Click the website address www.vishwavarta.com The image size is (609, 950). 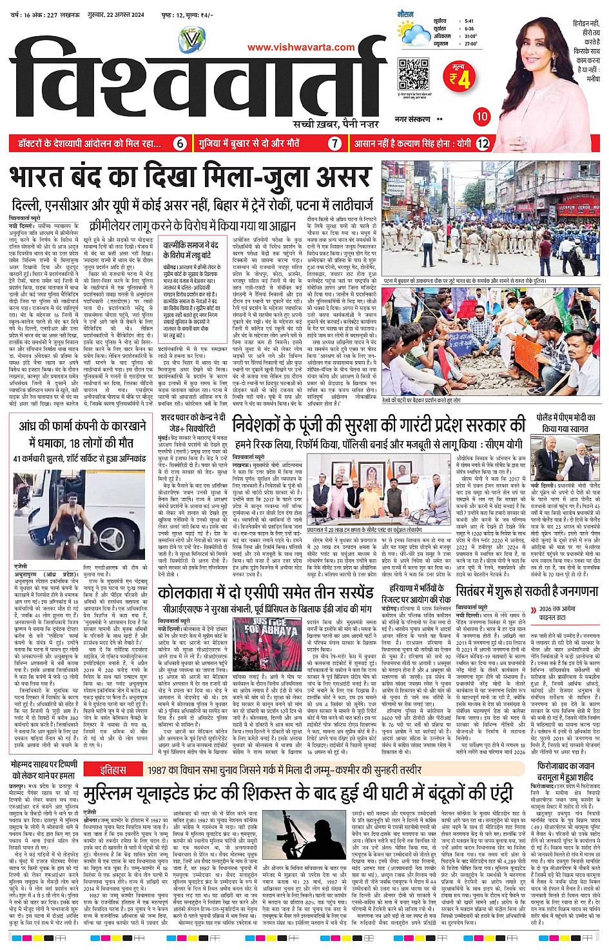click(x=300, y=46)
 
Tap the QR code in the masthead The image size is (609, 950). click(x=413, y=74)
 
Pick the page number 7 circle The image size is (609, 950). click(x=334, y=143)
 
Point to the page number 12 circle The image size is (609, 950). click(x=482, y=143)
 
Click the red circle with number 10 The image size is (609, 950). click(x=481, y=117)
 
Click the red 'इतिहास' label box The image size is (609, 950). click(x=113, y=770)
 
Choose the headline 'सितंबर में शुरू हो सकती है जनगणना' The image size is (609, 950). click(x=527, y=591)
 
